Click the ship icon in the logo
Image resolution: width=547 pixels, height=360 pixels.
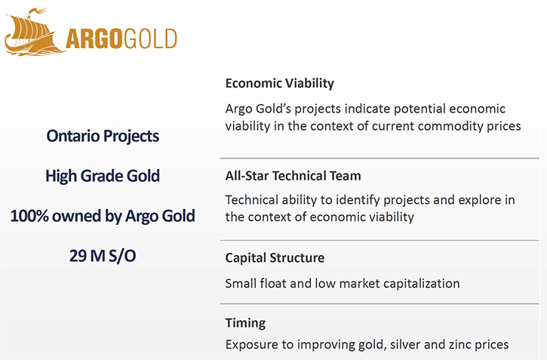(34, 32)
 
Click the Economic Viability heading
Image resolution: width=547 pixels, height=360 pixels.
(279, 84)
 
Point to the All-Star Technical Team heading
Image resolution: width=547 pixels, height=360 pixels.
(293, 176)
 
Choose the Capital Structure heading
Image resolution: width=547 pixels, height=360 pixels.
(275, 258)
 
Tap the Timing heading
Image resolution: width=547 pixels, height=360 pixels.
(245, 323)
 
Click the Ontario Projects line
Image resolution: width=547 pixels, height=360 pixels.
(103, 136)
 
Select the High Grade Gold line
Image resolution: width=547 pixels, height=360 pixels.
(103, 176)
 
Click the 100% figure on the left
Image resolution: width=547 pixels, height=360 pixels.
(29, 216)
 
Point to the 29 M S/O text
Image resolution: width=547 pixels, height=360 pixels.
(103, 256)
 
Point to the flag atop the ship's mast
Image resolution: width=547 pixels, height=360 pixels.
(36, 12)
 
